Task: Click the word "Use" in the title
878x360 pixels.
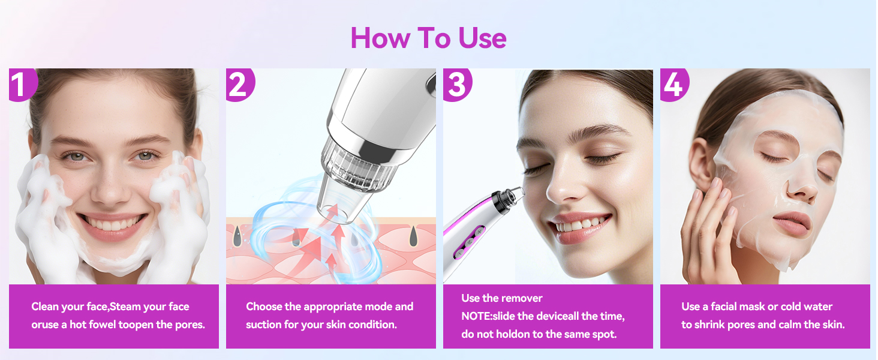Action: pyautogui.click(x=482, y=38)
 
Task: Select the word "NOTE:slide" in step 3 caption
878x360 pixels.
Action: pyautogui.click(x=488, y=316)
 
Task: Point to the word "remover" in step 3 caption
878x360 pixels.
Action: pyautogui.click(x=525, y=298)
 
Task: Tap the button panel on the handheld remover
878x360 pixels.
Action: pyautogui.click(x=469, y=242)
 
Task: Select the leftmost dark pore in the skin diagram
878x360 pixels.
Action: pyautogui.click(x=237, y=236)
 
